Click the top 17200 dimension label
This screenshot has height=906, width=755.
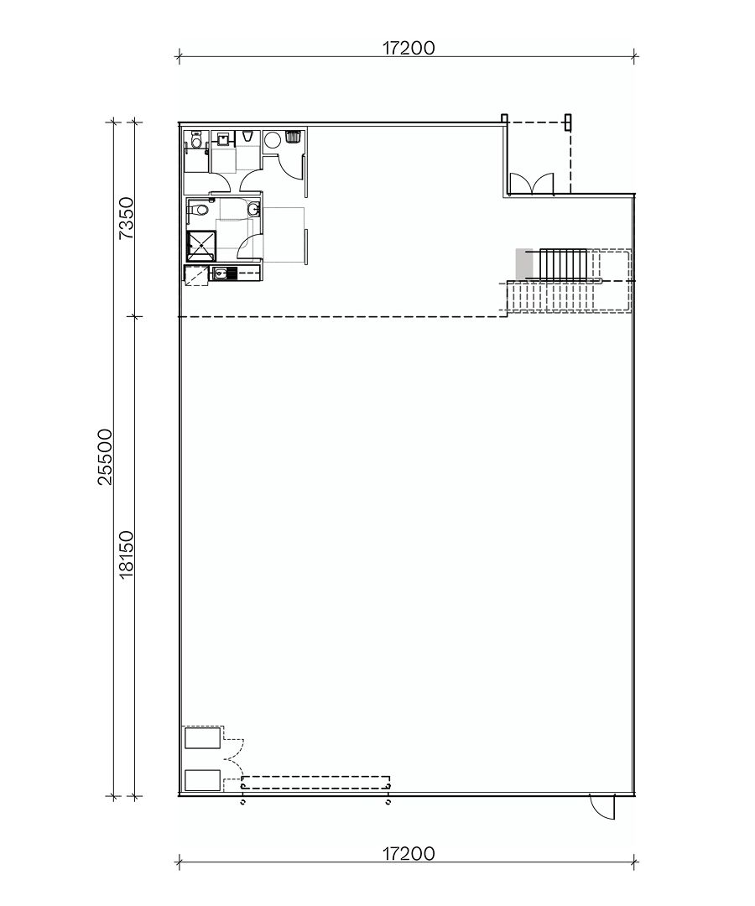[x=409, y=49]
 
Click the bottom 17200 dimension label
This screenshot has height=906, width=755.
[x=409, y=855]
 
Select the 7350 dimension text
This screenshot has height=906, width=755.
[x=126, y=219]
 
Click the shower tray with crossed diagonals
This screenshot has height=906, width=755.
[x=201, y=246]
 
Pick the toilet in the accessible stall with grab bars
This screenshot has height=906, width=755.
[x=196, y=141]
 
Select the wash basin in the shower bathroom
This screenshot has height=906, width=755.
[x=254, y=210]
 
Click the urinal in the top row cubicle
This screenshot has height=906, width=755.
[x=247, y=136]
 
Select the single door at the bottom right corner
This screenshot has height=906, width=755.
[x=602, y=807]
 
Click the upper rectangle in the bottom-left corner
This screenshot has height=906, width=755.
[x=203, y=738]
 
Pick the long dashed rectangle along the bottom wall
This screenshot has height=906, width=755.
[x=315, y=782]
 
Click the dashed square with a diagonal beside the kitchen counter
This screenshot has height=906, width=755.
[x=196, y=276]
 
